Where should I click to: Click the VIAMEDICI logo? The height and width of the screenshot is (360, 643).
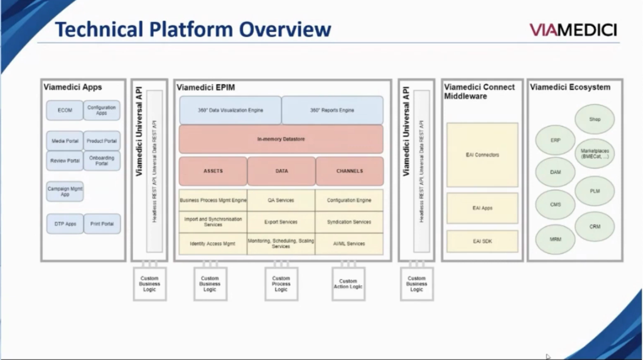click(573, 30)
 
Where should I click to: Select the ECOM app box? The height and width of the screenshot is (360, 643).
click(65, 111)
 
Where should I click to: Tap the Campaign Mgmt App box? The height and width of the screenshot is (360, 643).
click(65, 191)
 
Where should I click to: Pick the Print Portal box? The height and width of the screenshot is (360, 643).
click(102, 224)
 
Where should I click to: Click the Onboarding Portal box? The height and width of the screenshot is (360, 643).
click(102, 160)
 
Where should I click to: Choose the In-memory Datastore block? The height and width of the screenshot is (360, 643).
click(281, 139)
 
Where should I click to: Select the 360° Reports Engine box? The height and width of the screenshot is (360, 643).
click(332, 110)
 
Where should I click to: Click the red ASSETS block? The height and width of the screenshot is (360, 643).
click(212, 171)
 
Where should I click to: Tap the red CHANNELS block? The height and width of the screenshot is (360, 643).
click(349, 171)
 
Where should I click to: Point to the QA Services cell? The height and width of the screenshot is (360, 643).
click(281, 200)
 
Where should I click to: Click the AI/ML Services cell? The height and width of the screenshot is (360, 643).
click(349, 244)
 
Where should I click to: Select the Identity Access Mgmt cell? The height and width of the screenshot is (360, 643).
click(212, 244)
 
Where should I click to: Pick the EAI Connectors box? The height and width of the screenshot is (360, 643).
click(482, 155)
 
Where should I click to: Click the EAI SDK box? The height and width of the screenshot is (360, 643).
click(482, 241)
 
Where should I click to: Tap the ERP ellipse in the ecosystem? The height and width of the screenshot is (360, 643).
click(555, 140)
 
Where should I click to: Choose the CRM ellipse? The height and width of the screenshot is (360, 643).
click(595, 226)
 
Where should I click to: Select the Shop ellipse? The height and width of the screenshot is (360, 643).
click(595, 119)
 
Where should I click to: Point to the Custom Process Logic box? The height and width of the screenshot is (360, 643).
click(281, 284)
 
